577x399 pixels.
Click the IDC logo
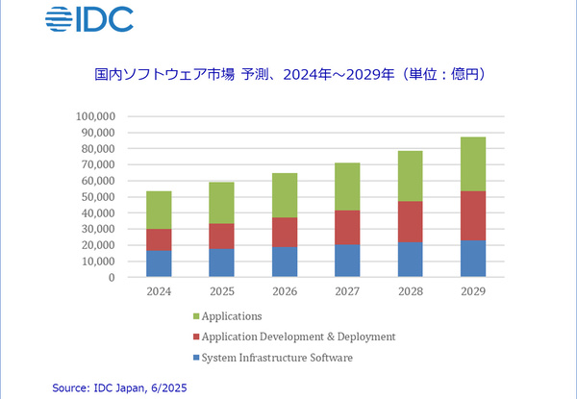coord(89,18)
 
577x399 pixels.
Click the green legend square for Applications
coord(196,315)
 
